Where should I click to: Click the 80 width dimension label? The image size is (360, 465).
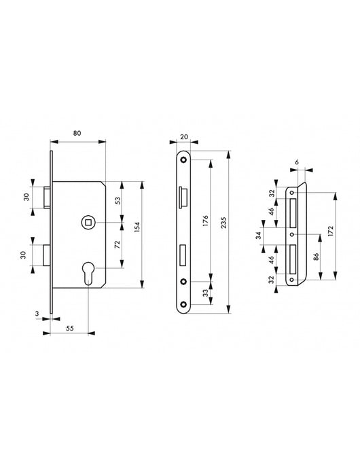(x=77, y=133)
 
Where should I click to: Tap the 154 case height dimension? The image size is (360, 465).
(x=137, y=227)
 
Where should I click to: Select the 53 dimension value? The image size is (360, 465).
(x=118, y=201)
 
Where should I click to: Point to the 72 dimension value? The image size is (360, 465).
(x=118, y=244)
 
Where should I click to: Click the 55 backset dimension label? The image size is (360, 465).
(x=69, y=329)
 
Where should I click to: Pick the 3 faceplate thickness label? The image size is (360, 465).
(x=37, y=314)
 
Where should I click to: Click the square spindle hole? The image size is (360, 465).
(x=88, y=222)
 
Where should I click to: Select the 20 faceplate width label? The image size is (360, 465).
(x=184, y=136)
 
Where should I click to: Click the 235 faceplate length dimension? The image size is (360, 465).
(x=224, y=223)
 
